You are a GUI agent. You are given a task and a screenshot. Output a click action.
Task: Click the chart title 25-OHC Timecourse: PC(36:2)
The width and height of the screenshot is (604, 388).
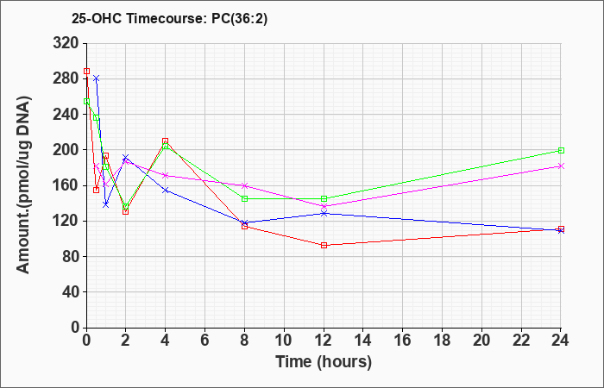coord(169,19)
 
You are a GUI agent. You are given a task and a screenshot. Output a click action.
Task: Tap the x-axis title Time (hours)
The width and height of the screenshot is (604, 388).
coord(324,362)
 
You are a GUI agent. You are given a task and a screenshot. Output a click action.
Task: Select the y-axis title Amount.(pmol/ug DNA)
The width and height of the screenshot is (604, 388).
coord(23,185)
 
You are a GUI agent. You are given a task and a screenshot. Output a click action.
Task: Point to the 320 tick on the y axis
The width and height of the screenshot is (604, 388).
coord(65,43)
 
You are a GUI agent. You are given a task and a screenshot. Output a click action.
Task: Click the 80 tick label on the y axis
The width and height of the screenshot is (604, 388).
coord(70,257)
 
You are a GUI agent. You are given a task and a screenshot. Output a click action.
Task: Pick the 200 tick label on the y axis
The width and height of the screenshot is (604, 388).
coord(65,150)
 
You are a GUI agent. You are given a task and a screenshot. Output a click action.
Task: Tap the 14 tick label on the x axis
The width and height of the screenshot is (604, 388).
coord(363,341)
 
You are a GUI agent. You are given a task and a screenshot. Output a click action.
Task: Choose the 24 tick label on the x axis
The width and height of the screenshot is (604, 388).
coord(561,341)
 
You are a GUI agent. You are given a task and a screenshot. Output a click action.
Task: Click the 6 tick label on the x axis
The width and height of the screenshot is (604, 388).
coord(205,341)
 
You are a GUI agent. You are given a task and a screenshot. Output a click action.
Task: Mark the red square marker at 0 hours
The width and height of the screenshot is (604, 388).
coord(86,72)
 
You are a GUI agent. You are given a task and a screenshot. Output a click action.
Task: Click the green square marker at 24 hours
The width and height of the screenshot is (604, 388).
coord(561,151)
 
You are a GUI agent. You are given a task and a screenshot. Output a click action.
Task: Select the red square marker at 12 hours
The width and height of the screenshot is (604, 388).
coord(324,245)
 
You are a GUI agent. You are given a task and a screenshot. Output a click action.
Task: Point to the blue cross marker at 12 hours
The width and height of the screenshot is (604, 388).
coord(324,213)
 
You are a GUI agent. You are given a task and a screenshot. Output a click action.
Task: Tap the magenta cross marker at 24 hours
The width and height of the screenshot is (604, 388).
coord(561,166)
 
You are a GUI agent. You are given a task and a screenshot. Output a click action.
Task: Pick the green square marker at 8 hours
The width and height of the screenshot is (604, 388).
coord(244,198)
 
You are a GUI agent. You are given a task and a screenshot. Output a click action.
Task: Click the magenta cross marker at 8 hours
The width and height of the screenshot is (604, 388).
coord(244,185)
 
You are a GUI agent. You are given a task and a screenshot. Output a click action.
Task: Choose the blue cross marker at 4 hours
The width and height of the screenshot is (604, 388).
coord(166,191)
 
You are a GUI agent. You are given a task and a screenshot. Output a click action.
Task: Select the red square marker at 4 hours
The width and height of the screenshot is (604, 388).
coord(166,141)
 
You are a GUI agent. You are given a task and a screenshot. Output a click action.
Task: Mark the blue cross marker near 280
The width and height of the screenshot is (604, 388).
coord(97,78)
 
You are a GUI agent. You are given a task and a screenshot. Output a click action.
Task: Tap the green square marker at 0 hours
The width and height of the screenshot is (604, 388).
coord(86,101)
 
